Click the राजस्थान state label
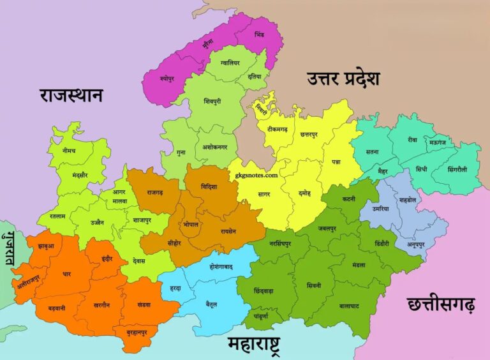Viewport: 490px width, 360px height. pyautogui.click(x=71, y=96)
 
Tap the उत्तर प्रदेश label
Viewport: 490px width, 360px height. pyautogui.click(x=343, y=79)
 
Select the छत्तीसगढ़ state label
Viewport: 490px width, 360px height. pyautogui.click(x=441, y=305)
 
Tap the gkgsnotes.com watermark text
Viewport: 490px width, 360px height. pyautogui.click(x=256, y=175)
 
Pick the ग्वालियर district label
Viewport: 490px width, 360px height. pyautogui.click(x=230, y=63)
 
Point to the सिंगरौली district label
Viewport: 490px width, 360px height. pyautogui.click(x=457, y=170)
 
